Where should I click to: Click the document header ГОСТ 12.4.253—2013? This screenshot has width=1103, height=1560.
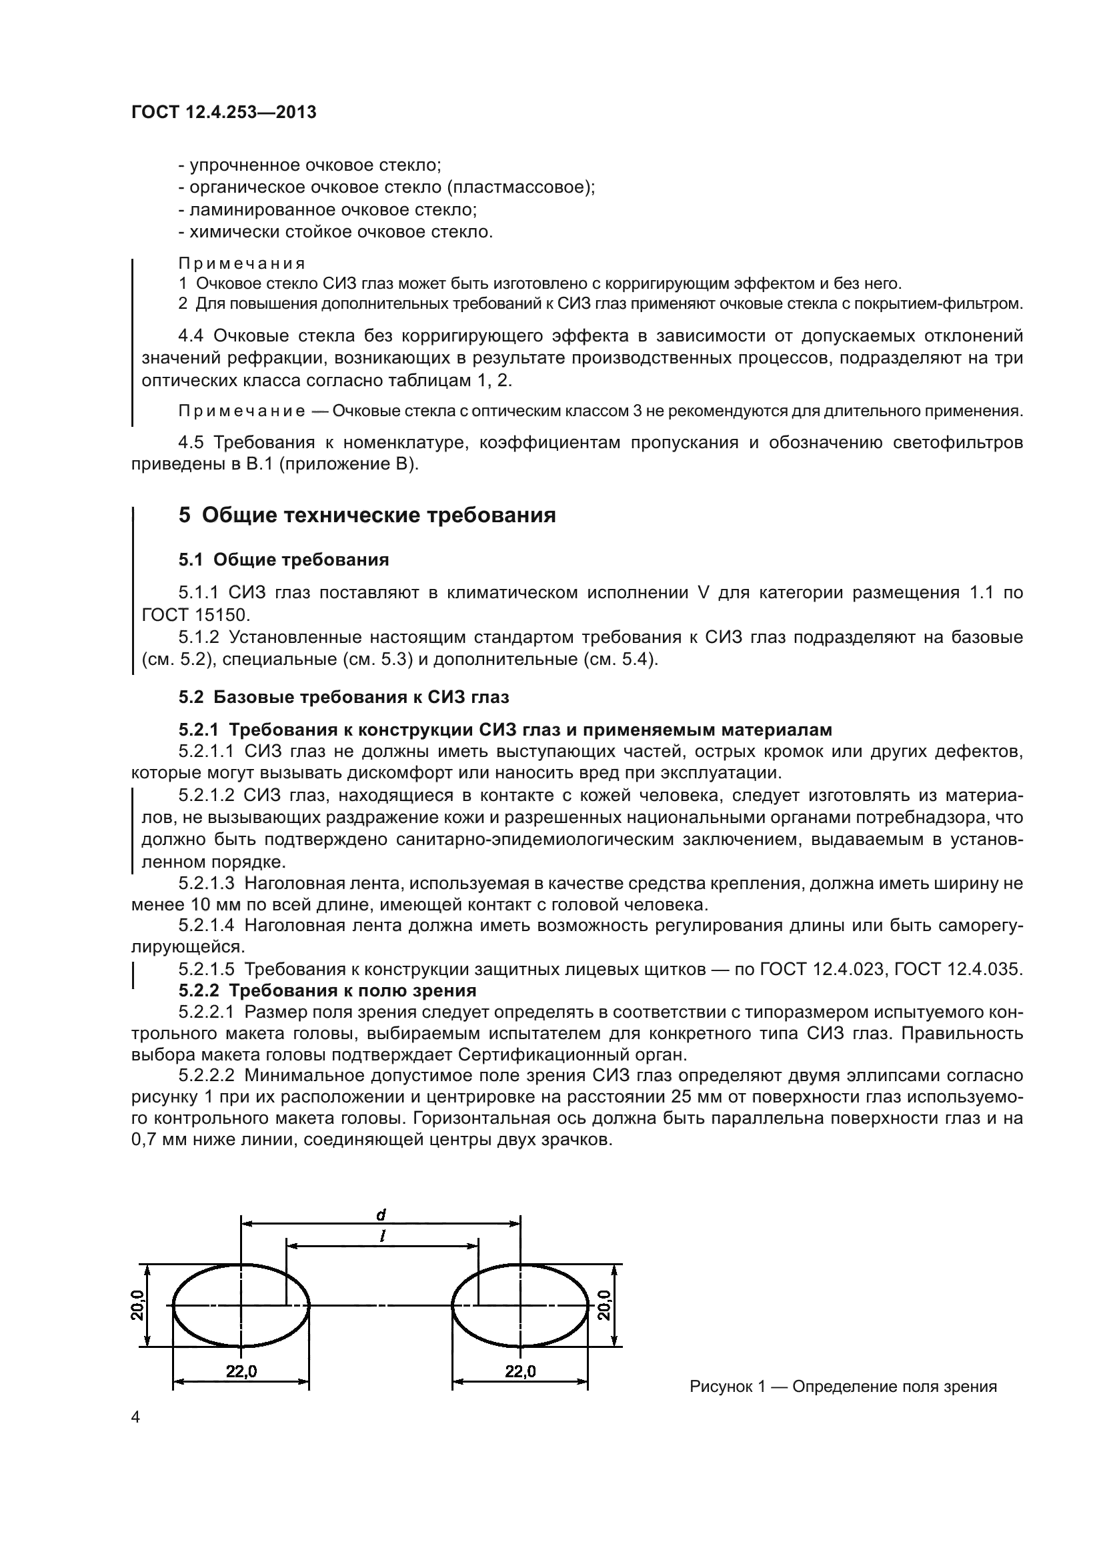click(223, 112)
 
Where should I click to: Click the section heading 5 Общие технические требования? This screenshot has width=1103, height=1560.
click(367, 516)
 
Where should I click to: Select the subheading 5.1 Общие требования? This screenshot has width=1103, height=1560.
click(284, 560)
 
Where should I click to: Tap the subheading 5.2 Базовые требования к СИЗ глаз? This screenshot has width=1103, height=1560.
click(343, 697)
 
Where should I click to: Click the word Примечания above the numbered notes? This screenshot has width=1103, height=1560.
click(242, 263)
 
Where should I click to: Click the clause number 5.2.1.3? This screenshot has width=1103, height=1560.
click(207, 883)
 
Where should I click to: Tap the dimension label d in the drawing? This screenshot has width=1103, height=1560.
click(381, 1214)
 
